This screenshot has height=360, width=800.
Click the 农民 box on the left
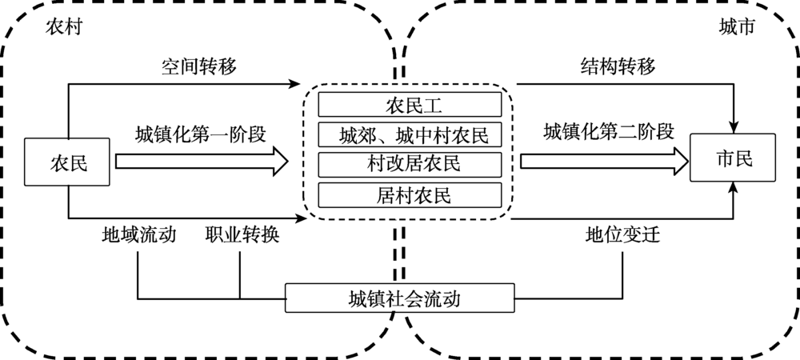tap(68, 162)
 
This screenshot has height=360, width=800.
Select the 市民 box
tap(734, 158)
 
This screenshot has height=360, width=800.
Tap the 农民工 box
tap(414, 104)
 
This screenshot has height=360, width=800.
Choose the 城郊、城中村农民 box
tap(414, 134)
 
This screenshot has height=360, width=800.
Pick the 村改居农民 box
tap(414, 163)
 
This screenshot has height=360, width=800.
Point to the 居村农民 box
tap(414, 194)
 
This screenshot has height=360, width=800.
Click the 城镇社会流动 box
tap(399, 299)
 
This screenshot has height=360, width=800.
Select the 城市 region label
tap(737, 26)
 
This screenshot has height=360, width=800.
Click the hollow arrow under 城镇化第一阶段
tap(201, 161)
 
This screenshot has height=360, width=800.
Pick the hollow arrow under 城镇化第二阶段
tap(604, 161)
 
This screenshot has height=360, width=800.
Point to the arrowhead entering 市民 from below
tap(734, 190)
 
